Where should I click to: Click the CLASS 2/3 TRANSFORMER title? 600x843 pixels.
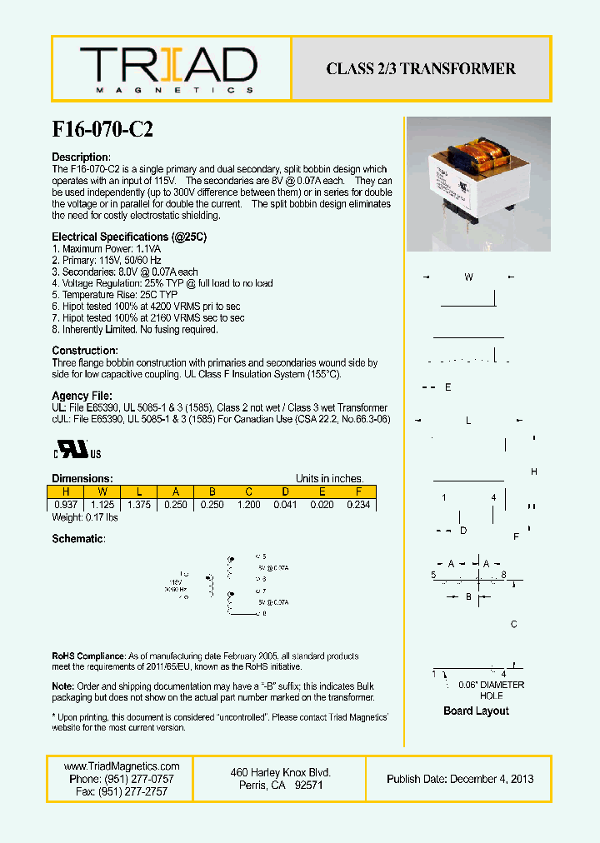click(421, 69)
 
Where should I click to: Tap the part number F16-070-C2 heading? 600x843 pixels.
click(102, 129)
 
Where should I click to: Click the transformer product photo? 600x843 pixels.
click(478, 184)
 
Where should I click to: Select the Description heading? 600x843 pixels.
click(81, 157)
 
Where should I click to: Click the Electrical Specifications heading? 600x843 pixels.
click(129, 237)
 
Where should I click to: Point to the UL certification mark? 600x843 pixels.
click(78, 451)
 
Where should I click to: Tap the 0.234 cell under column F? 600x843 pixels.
click(357, 505)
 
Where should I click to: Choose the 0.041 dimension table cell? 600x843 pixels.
click(284, 505)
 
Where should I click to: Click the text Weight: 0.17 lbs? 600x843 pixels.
click(85, 517)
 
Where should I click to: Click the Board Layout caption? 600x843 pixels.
click(476, 711)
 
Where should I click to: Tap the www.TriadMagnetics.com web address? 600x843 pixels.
click(122, 766)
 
